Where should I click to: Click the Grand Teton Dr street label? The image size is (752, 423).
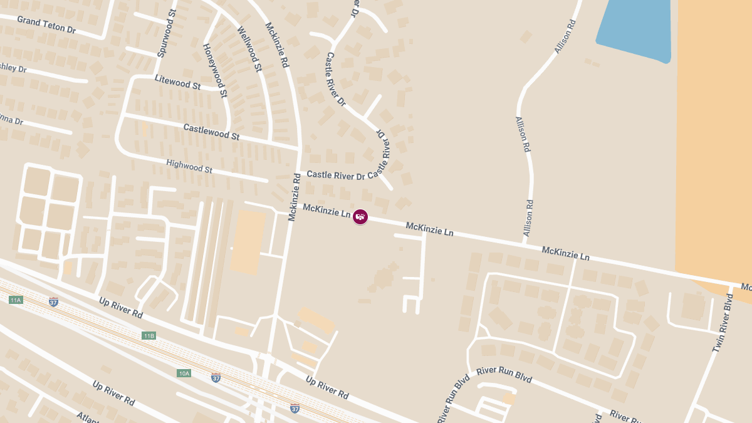[x=46, y=25]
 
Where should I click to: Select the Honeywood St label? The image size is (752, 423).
[x=214, y=70]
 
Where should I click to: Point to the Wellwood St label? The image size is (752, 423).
[x=249, y=48]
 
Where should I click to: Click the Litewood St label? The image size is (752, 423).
[x=177, y=81]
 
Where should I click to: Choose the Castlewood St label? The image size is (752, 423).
[x=211, y=132]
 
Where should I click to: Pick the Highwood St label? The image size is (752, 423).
[x=189, y=166]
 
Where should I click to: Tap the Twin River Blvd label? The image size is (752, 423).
[x=722, y=322]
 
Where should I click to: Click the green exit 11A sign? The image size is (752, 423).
[x=16, y=300]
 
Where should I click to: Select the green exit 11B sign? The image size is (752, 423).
[x=149, y=336]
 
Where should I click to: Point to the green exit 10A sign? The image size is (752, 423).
[x=184, y=373]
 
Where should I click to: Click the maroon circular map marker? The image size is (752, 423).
[x=360, y=217]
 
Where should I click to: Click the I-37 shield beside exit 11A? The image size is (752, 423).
[x=54, y=301]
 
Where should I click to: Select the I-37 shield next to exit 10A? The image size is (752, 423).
[x=216, y=377]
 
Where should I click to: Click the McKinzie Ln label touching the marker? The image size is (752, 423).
[x=326, y=211]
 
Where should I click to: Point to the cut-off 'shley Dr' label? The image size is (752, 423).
[x=13, y=67]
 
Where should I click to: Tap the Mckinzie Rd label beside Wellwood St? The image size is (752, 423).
[x=276, y=45]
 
